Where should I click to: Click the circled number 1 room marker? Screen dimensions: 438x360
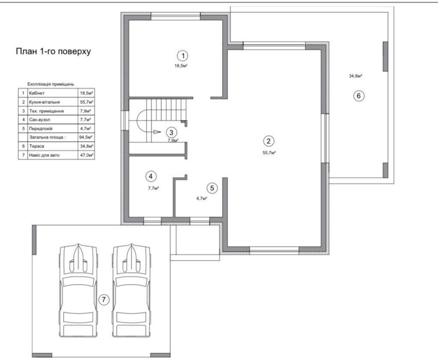pos(183,56)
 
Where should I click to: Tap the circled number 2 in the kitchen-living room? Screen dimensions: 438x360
pos(268,141)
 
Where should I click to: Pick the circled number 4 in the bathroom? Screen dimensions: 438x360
pos(151,176)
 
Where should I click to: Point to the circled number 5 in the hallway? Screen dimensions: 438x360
pos(212,188)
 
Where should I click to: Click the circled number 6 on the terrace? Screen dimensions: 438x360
pos(359,96)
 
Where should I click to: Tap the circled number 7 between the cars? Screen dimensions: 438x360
pos(104,300)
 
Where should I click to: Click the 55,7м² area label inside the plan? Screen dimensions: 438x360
pos(269,153)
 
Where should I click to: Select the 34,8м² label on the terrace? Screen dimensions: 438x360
pos(356,76)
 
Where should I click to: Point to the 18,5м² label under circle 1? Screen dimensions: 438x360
pos(181,66)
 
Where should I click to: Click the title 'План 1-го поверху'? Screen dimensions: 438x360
pos(53,52)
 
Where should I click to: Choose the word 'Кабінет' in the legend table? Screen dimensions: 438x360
pos(36,93)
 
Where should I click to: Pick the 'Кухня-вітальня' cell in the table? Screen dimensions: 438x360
pos(44,102)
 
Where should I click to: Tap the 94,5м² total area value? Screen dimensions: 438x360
pos(86,138)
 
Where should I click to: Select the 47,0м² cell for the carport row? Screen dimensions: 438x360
pos(87,155)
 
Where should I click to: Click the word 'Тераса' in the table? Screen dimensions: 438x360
pos(36,146)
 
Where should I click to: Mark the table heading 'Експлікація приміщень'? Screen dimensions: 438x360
pos(51,84)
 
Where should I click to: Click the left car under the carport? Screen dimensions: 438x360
pos(78,290)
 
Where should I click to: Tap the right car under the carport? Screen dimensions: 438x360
pos(131,290)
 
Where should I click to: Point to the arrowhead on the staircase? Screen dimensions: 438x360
pos(157,132)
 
